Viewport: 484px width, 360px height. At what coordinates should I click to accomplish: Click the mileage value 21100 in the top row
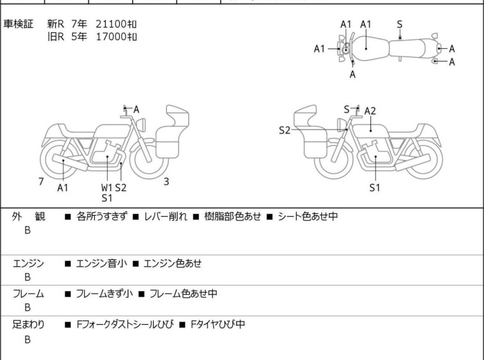[x=112, y=24]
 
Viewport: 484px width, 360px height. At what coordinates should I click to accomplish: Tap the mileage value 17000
[x=112, y=37]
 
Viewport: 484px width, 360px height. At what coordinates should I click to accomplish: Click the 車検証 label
[x=18, y=24]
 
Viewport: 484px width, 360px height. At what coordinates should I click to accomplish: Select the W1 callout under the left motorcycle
[x=107, y=187]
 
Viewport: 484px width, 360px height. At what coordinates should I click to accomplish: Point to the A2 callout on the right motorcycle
[x=370, y=111]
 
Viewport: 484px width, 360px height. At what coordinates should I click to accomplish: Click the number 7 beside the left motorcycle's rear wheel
[x=41, y=182]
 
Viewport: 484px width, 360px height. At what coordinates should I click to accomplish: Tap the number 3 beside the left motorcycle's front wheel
[x=167, y=182]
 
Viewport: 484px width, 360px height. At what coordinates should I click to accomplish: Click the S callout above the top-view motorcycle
[x=399, y=24]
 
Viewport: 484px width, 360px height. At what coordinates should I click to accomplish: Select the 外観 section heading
[x=28, y=216]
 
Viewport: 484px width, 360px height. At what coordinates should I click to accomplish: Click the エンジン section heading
[x=28, y=263]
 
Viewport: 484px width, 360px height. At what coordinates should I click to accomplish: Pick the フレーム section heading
[x=28, y=293]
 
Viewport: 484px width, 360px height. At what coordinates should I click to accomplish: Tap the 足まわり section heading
[x=28, y=324]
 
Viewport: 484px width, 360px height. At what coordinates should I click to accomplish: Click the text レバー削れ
[x=165, y=216]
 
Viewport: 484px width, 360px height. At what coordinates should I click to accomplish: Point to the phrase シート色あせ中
[x=308, y=216]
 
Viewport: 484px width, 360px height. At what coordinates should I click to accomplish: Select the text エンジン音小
[x=101, y=263]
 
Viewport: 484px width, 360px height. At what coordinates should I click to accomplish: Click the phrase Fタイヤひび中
[x=218, y=324]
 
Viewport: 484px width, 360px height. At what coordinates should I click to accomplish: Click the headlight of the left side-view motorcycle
[x=141, y=124]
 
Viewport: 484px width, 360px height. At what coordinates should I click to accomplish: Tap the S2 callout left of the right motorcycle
[x=285, y=130]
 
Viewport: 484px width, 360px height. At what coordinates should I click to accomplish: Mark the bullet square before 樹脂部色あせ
[x=196, y=217]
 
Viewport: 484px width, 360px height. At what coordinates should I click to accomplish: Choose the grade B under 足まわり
[x=28, y=339]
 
